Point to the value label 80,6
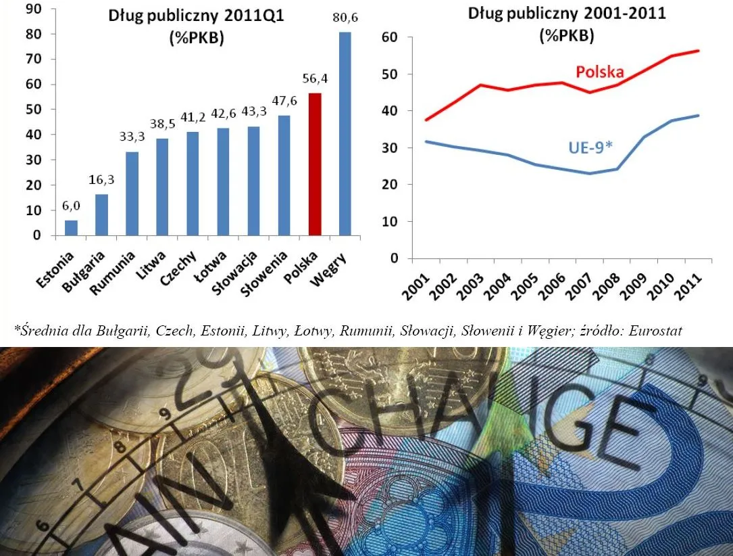(345, 21)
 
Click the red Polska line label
(599, 72)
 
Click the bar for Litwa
(163, 187)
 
